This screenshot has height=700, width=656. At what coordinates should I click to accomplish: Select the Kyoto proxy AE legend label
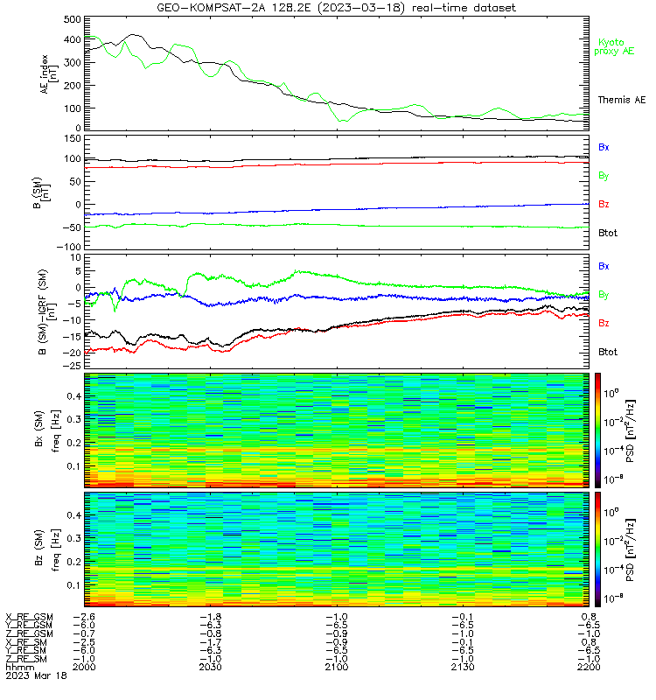tap(614, 47)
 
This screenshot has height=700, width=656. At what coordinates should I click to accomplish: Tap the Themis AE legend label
tap(622, 100)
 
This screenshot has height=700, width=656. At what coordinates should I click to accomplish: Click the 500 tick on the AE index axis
tap(73, 19)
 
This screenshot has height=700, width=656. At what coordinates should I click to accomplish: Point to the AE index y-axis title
tap(49, 74)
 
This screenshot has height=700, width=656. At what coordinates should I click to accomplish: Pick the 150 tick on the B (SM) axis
tap(73, 139)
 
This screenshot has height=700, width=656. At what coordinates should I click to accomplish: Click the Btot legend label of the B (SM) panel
tap(608, 233)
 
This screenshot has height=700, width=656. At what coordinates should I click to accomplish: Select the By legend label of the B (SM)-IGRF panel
tap(604, 295)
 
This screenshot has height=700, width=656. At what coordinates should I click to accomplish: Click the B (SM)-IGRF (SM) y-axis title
tap(46, 311)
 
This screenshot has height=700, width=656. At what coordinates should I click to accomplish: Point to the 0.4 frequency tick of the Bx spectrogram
tap(74, 396)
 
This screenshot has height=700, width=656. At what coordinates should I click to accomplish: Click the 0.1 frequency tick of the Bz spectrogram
tap(74, 584)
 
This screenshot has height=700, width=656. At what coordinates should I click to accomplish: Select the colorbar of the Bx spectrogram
tap(597, 430)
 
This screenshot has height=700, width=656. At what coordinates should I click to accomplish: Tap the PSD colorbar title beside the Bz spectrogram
tap(631, 550)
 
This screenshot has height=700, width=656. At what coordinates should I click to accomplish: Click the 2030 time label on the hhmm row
tap(210, 667)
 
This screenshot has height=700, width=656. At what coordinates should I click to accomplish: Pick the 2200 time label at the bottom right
tap(589, 667)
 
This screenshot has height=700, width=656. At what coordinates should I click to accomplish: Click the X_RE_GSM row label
tap(29, 617)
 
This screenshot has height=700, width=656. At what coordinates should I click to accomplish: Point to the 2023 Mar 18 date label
tap(36, 675)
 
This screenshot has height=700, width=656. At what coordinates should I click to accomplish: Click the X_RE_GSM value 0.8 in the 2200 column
tap(589, 617)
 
